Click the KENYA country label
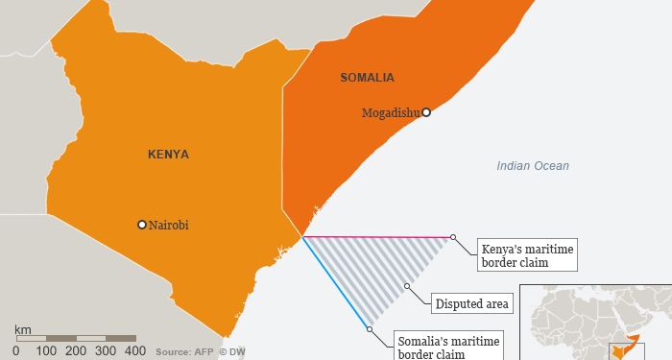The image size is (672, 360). coord(168,154)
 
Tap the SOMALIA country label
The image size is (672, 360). coord(368,77)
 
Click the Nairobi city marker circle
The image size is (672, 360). coord(142,225)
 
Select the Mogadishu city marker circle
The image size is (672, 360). coord(426,112)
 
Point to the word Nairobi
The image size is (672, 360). coord(169,225)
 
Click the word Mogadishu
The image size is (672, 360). coord(391,113)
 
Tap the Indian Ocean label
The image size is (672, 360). coord(533,166)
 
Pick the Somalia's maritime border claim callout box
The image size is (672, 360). coord(443,346)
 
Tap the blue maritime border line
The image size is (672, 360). coord(336,283)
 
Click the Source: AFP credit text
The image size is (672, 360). coord(183,352)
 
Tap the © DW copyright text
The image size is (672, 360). coord(231,352)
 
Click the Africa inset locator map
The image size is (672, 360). coord(595,322)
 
